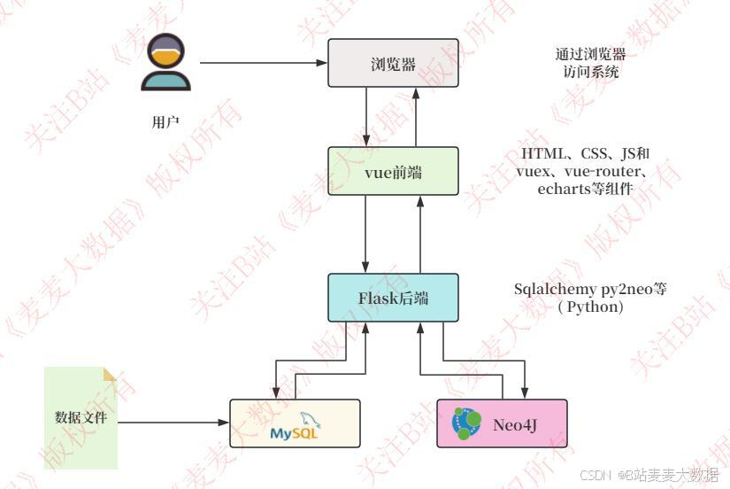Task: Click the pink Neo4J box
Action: point(502,423)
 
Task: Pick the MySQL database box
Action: point(295,423)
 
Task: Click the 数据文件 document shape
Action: point(81,417)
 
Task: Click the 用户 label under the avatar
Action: point(165,122)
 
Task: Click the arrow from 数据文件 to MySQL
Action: point(173,423)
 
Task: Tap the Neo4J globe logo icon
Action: point(466,423)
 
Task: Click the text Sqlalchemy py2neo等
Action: point(590,289)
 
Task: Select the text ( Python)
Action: point(590,307)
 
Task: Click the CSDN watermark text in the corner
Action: point(656,476)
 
